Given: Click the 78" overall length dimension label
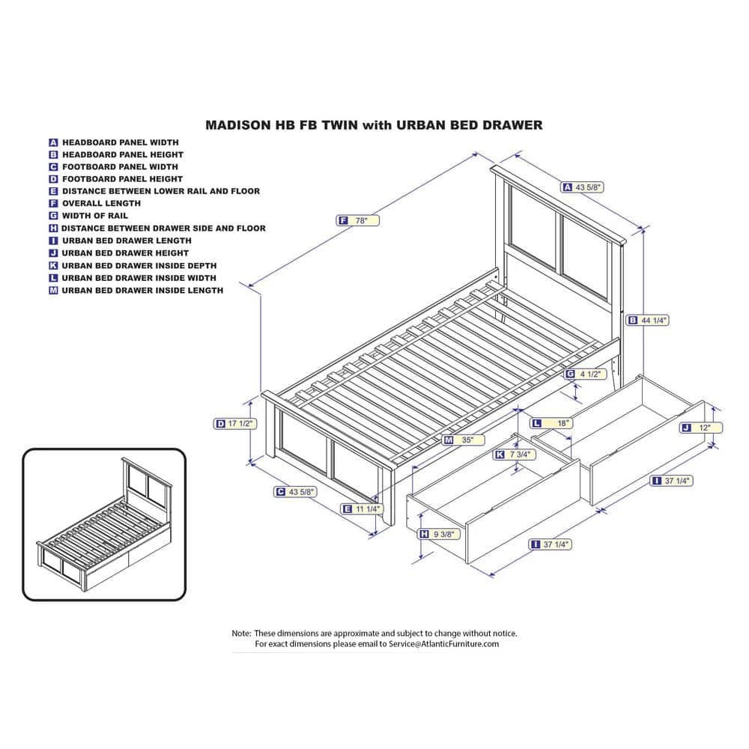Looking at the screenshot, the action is tap(358, 221).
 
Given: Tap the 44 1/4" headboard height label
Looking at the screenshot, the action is tap(647, 320).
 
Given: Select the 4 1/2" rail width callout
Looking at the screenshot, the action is tap(584, 374).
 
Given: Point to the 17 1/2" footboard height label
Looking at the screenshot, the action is tap(234, 424).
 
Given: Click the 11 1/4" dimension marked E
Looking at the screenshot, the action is tap(362, 509).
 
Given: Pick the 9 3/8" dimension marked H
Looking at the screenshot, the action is tap(438, 534).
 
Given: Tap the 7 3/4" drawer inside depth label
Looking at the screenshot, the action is tap(514, 455).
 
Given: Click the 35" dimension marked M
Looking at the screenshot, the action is tap(464, 440).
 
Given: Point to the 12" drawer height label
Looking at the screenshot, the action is tap(701, 428).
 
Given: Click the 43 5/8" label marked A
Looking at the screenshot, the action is tap(582, 187).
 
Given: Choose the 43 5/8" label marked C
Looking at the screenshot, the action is tap(295, 491).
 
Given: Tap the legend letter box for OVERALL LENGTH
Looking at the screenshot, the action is tap(53, 203).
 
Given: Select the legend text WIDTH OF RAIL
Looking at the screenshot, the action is tap(95, 216).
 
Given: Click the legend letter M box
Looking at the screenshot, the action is tap(53, 291).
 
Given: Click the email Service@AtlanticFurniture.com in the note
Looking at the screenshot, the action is tap(443, 644).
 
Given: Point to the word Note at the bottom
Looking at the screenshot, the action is tap(241, 634).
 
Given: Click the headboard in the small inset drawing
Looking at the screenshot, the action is tap(147, 483).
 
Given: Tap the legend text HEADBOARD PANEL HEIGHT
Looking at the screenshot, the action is tap(123, 154).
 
